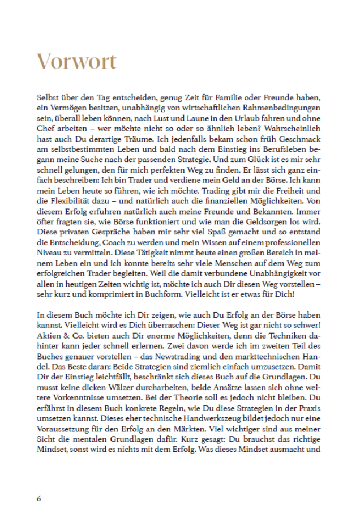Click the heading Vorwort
(77, 62)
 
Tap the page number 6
(38, 499)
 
